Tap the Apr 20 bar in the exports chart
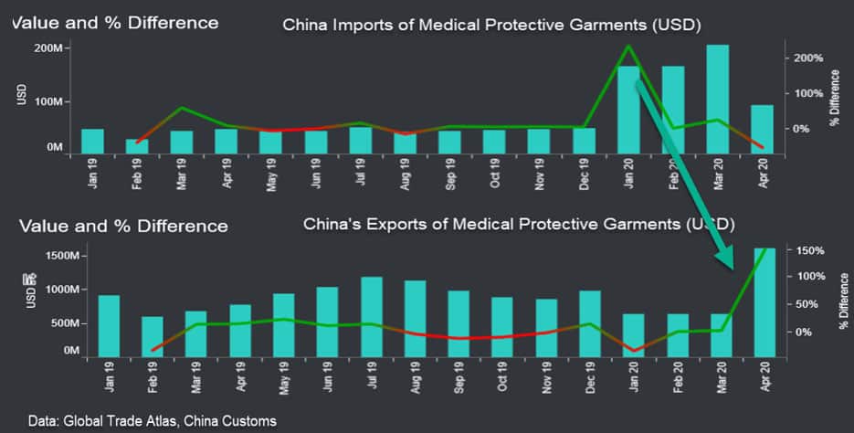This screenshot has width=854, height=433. click(764, 301)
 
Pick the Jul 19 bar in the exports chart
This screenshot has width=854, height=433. click(371, 316)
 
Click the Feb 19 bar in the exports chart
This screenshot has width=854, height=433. click(152, 336)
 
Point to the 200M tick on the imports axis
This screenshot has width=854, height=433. click(47, 48)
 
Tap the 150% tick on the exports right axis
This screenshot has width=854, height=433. click(811, 250)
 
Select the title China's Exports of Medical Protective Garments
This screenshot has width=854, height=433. click(519, 223)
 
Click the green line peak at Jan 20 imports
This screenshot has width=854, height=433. click(628, 46)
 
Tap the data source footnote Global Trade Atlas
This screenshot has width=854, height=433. click(152, 420)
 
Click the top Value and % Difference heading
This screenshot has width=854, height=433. click(116, 22)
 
